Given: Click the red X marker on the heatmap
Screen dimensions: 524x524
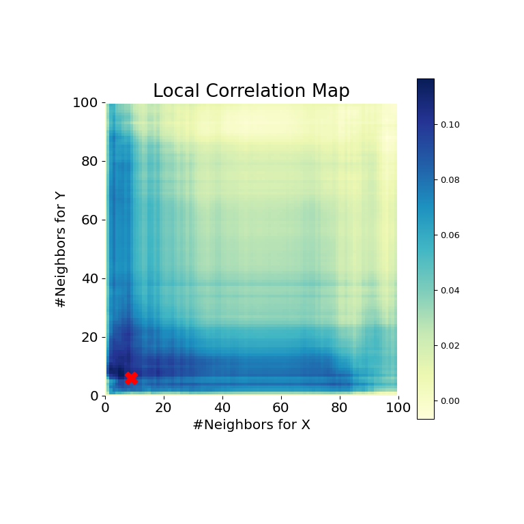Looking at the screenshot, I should click(x=131, y=378).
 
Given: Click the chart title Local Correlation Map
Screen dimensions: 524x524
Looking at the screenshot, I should click(x=251, y=91).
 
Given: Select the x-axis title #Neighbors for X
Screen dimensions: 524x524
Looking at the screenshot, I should click(x=251, y=425).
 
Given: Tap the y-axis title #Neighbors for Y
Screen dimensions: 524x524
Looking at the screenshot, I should click(x=61, y=249).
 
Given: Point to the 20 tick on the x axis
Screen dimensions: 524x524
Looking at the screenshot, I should click(x=164, y=408).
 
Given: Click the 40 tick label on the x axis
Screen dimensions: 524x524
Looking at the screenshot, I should click(x=222, y=408).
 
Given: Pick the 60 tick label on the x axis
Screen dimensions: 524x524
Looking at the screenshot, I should click(x=281, y=408).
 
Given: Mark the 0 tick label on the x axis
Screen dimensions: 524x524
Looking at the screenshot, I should click(x=106, y=408).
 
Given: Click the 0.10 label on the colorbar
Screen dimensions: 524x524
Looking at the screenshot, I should click(x=450, y=125).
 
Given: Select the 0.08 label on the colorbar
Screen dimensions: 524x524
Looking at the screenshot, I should click(x=450, y=180).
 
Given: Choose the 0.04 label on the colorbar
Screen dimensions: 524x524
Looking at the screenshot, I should click(x=450, y=291).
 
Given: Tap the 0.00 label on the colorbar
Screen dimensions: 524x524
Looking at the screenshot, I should click(x=450, y=401).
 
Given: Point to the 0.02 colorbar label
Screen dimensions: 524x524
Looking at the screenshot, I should click(x=450, y=346).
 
